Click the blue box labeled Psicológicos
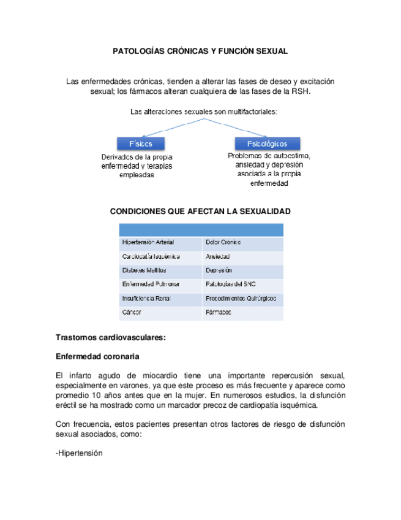267,143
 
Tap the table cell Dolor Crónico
223,242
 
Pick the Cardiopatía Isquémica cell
145,256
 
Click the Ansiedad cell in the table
219,256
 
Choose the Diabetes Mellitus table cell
144,270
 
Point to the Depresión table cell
220,270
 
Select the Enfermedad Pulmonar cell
151,285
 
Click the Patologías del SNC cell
231,285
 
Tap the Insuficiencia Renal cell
146,299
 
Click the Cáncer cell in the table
132,313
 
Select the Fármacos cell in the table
219,313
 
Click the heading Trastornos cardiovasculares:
111,337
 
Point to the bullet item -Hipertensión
78,453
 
